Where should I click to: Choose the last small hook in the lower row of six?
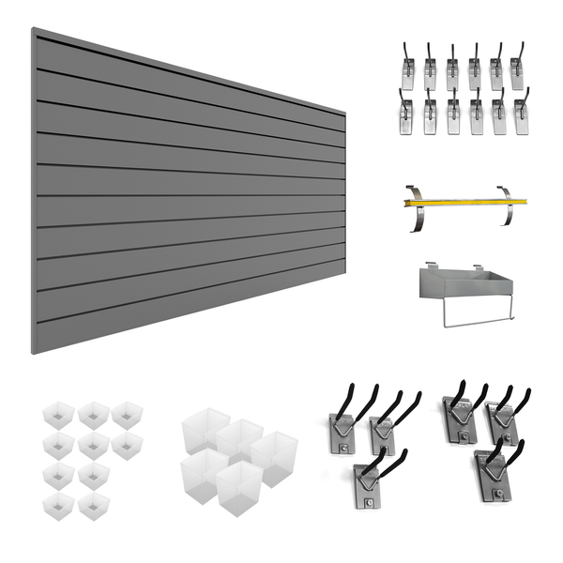[522, 114]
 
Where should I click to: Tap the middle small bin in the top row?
[94, 414]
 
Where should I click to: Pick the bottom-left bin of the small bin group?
[58, 505]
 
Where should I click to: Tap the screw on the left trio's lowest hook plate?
[369, 501]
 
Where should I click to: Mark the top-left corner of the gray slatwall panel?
[33, 29]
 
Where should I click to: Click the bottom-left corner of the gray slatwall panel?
[33, 353]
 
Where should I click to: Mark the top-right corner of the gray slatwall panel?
[344, 115]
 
